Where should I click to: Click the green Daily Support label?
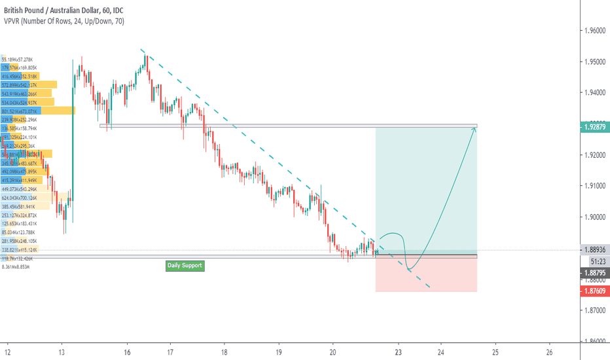pyautogui.click(x=185, y=266)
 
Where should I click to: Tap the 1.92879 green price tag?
pyautogui.click(x=594, y=126)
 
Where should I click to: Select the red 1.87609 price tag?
pyautogui.click(x=594, y=291)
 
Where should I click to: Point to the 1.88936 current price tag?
pyautogui.click(x=594, y=249)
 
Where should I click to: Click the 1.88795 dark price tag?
pyautogui.click(x=594, y=272)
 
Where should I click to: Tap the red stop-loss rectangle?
pyautogui.click(x=426, y=275)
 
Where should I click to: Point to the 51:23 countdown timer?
pyautogui.click(x=594, y=261)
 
